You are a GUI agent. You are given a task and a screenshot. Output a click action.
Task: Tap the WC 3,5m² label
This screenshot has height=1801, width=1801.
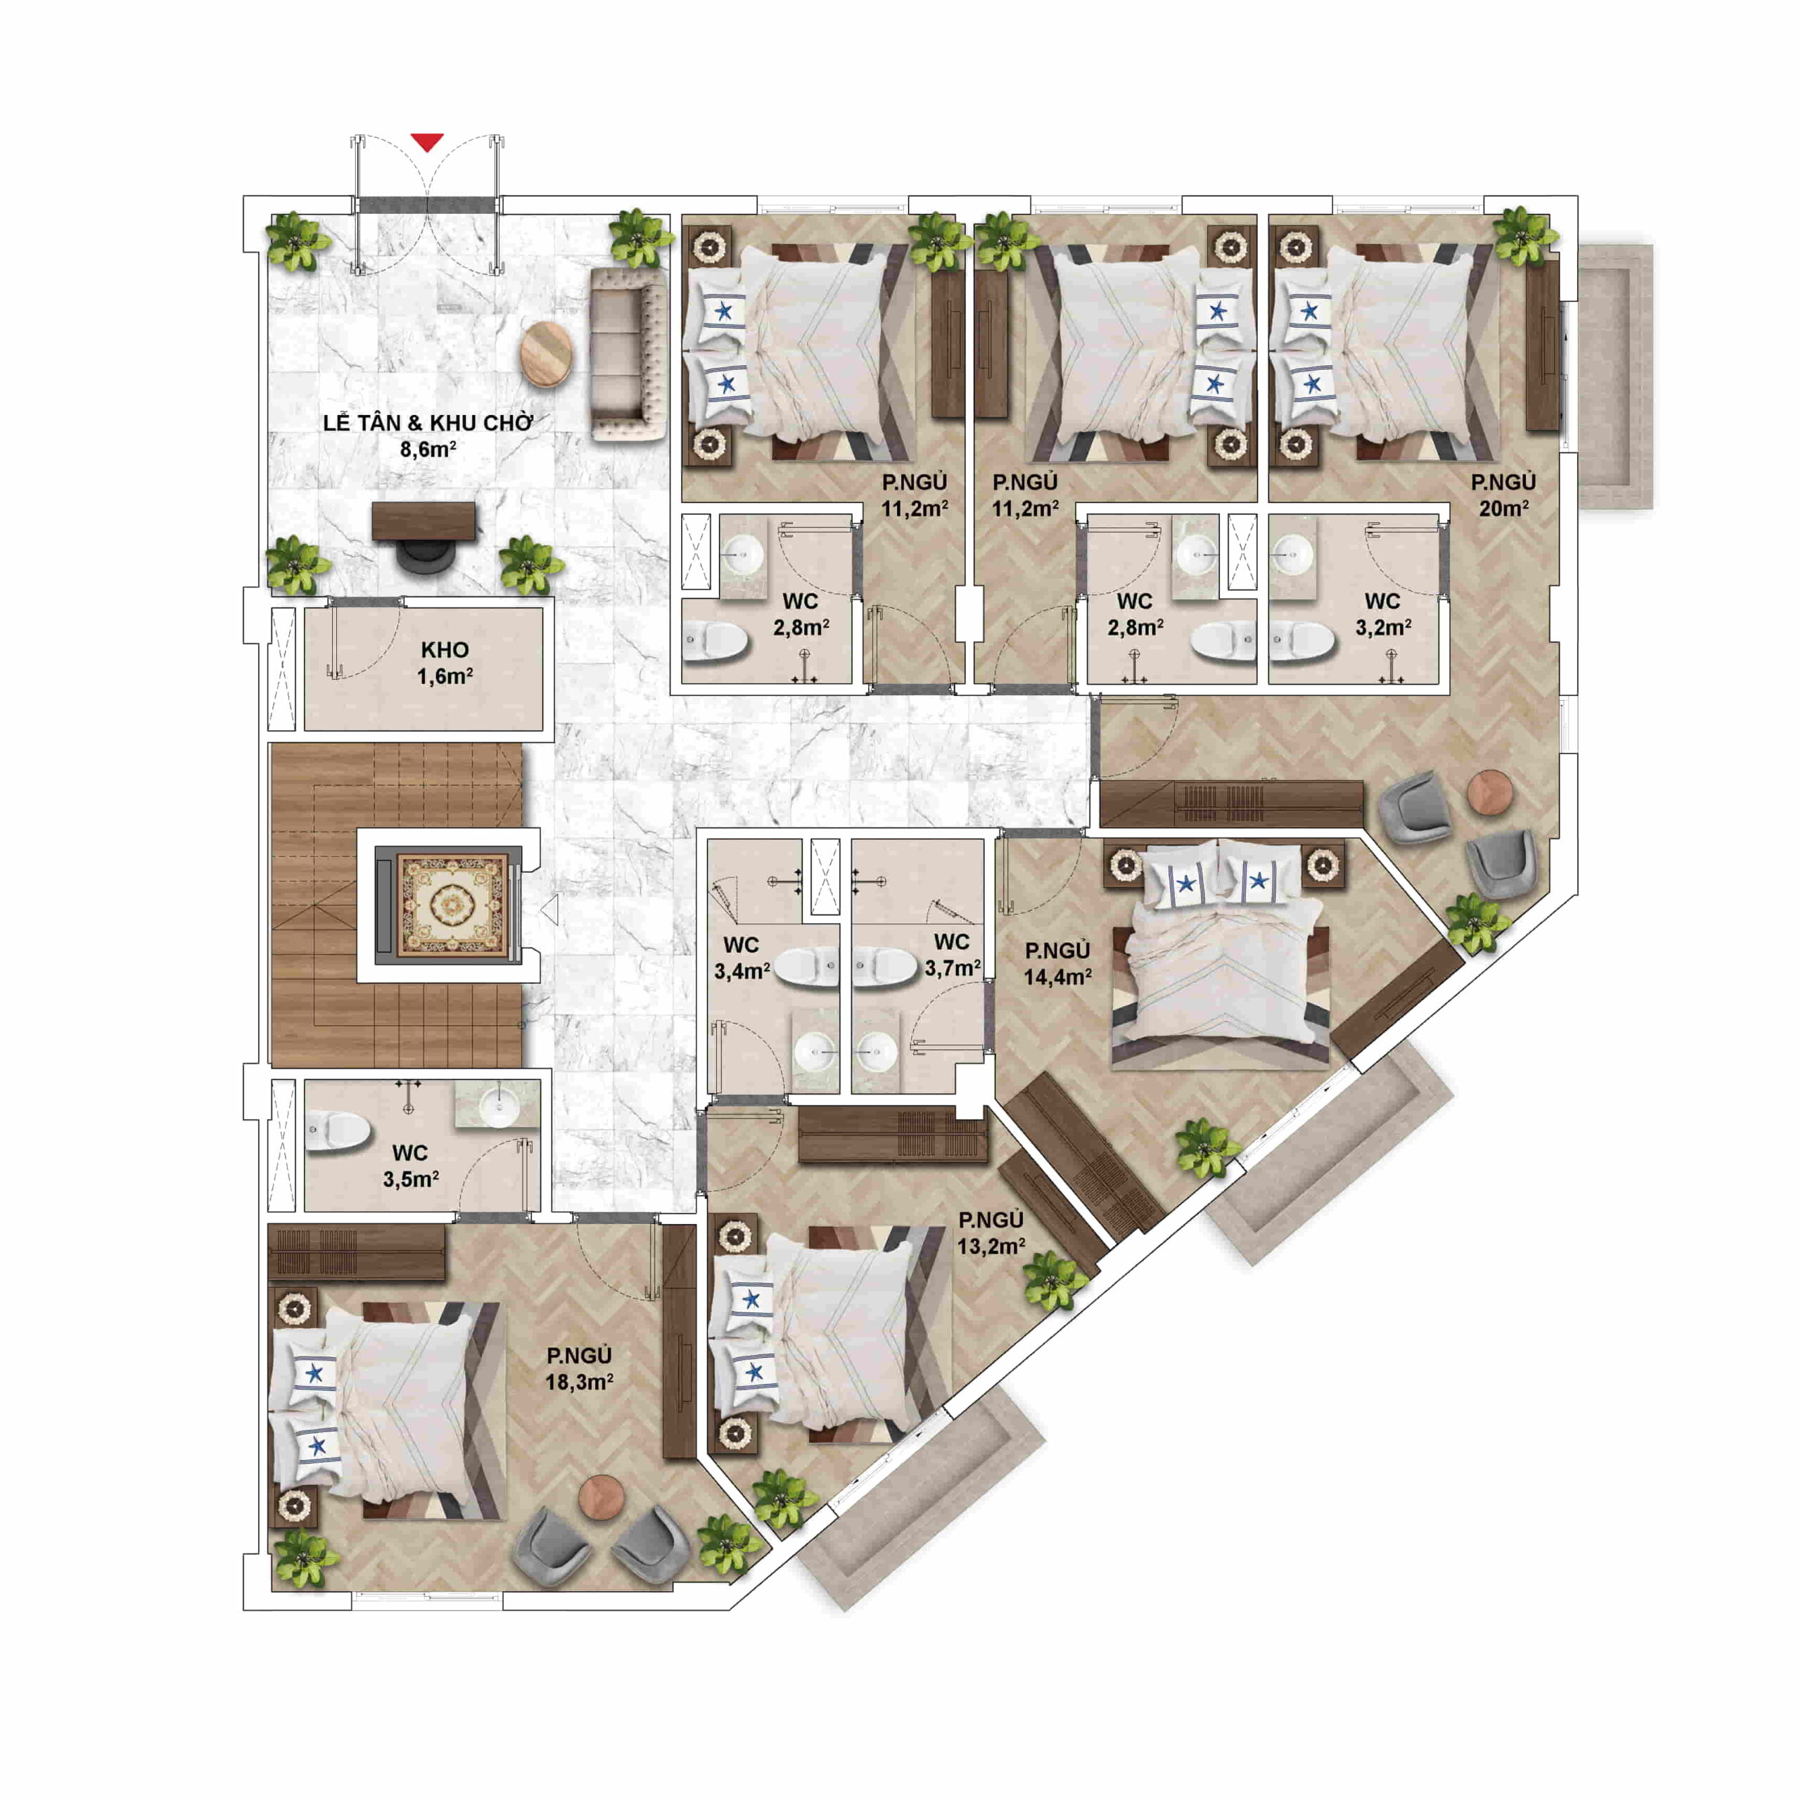[410, 1165]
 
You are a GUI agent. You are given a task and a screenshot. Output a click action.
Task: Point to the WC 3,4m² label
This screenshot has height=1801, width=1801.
[742, 958]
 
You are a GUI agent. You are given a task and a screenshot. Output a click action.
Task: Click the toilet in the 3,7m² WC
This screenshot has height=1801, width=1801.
[884, 967]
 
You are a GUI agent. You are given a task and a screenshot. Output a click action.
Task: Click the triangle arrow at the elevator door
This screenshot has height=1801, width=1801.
[550, 910]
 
